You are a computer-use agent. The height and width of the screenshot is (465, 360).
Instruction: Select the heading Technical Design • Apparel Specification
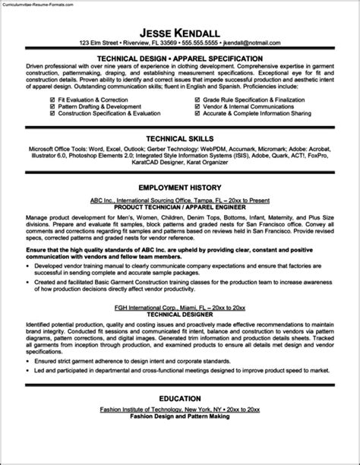[x=180, y=58]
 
